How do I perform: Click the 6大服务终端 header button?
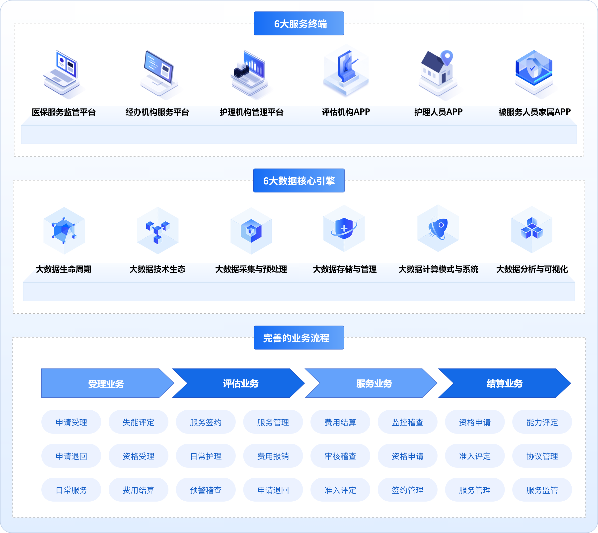coord(299,24)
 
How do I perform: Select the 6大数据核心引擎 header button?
coord(299,181)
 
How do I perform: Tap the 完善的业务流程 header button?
coord(299,338)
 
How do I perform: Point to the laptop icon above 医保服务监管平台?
coord(62,73)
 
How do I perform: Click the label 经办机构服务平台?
coord(157,112)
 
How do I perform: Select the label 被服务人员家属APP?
coord(534,112)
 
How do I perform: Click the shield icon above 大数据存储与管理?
coord(344,228)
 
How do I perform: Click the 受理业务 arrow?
coord(106,383)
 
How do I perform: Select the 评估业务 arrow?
coord(240,383)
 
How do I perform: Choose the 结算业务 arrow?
coord(504,383)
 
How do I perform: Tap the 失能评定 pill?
coord(139,422)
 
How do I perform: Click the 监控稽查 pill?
coord(407,422)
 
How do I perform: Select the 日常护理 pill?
coord(206,456)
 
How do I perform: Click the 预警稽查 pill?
coord(206,490)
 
